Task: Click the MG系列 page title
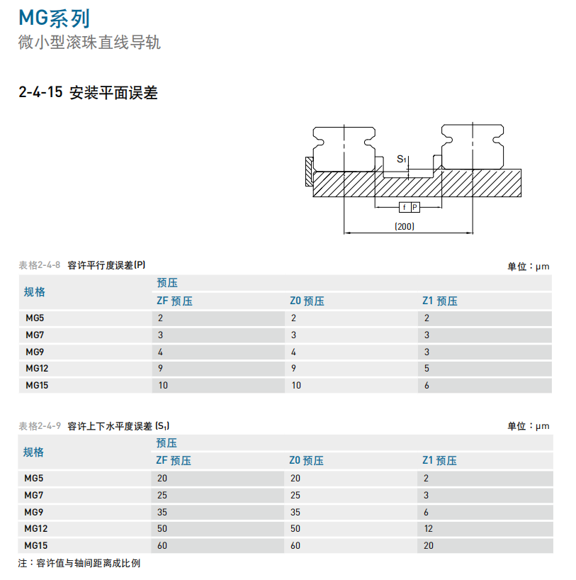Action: pos(54,18)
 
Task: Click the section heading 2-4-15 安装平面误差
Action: pos(88,92)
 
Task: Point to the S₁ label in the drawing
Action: pos(402,159)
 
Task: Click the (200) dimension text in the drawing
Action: pos(405,226)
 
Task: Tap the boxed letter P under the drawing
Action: pos(415,208)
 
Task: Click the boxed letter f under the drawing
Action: pos(405,208)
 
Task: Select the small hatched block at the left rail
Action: pos(309,172)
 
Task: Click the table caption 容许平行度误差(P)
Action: pos(106,265)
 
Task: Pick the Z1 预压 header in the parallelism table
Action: pos(440,301)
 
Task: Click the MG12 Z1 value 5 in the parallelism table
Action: pos(427,369)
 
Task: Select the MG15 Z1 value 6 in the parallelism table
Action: pos(427,386)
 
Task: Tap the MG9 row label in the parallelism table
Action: pos(35,352)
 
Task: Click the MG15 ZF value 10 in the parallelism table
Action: pos(163,386)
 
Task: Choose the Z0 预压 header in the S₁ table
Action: pos(307,460)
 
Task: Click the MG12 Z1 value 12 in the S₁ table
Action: pos(428,528)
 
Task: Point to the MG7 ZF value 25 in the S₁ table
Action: pos(162,496)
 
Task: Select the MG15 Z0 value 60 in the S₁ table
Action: pos(295,545)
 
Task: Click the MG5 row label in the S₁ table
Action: pos(33,479)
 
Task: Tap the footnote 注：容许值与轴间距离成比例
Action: pos(79,563)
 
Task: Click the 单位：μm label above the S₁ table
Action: pos(529,426)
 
